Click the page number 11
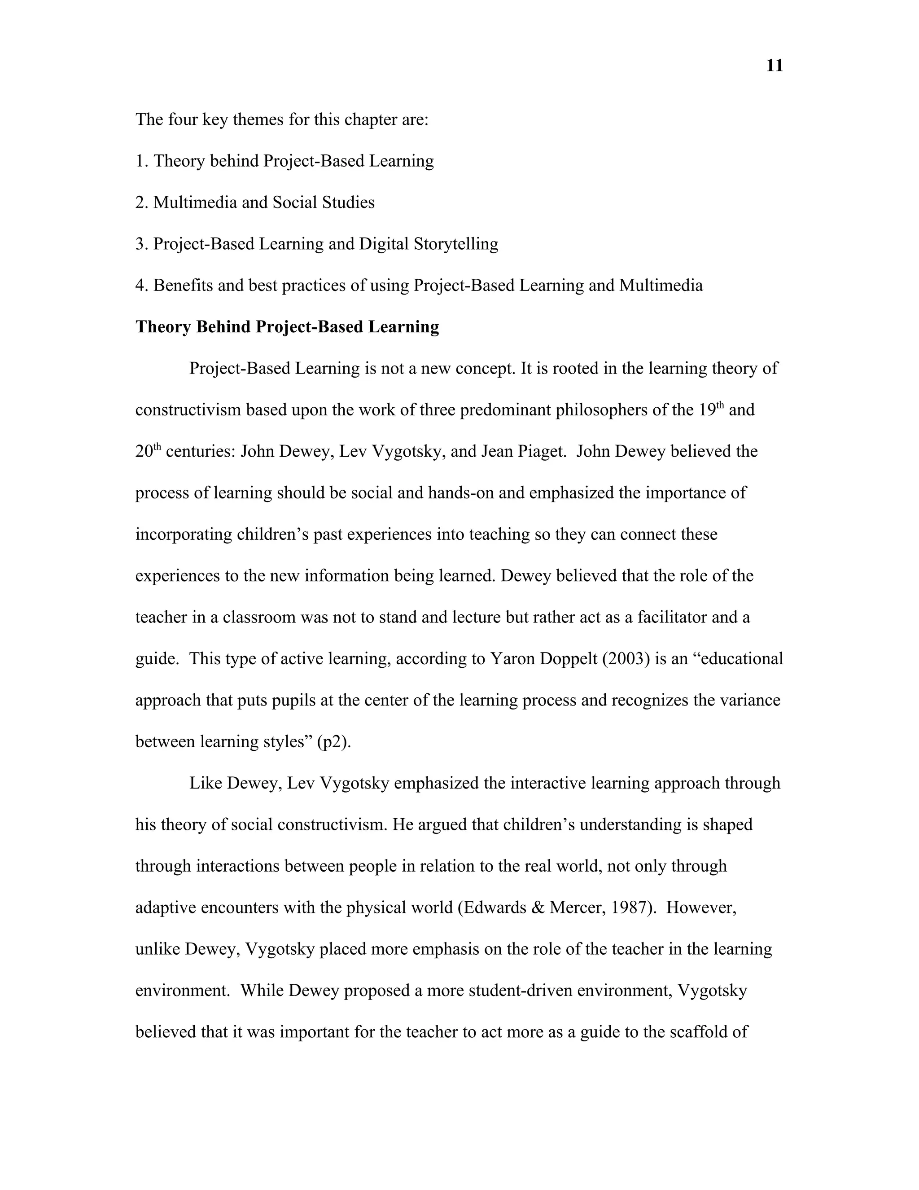click(774, 66)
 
